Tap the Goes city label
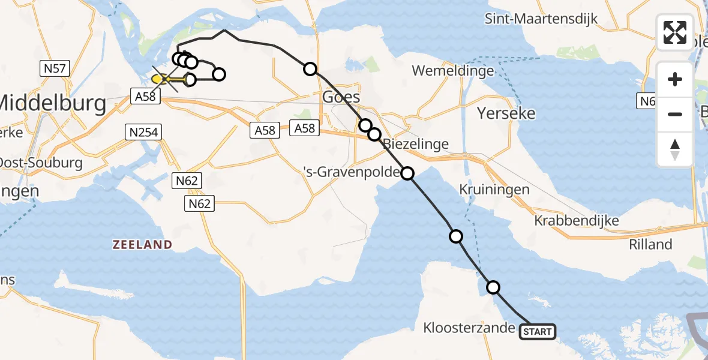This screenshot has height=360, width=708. (341, 97)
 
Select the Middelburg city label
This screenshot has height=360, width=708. (53, 103)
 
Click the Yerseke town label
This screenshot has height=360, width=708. (506, 113)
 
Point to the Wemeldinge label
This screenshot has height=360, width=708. (453, 71)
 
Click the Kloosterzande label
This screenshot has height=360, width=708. (469, 328)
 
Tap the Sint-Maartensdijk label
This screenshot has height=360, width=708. (550, 19)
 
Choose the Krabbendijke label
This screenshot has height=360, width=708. (577, 221)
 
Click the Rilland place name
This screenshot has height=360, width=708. (650, 244)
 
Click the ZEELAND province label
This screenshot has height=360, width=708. (142, 244)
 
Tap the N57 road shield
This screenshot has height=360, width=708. (55, 69)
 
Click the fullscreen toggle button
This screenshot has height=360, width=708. (675, 32)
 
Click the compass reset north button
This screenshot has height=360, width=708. (675, 149)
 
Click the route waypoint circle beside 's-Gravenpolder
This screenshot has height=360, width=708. (407, 173)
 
